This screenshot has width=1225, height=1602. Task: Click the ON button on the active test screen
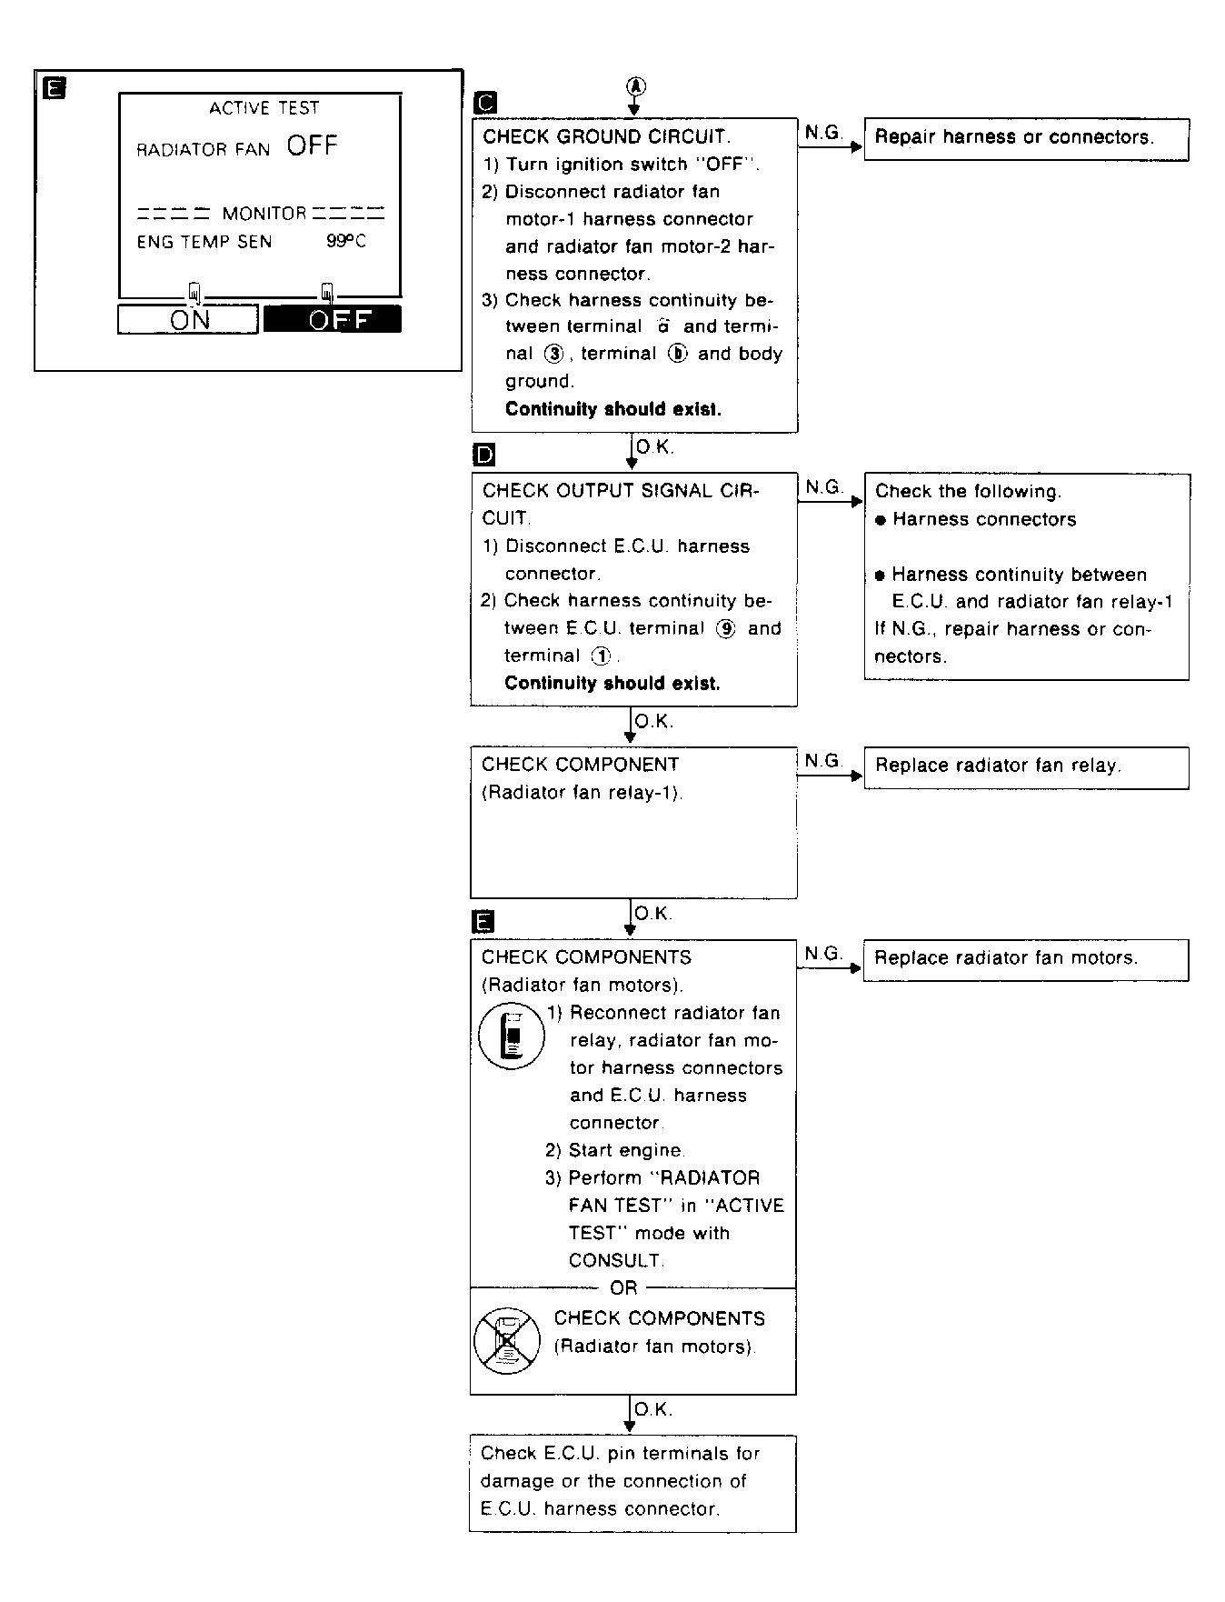[188, 319]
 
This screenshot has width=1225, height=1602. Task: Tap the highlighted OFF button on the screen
[333, 319]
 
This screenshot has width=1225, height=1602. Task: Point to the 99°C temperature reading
[346, 241]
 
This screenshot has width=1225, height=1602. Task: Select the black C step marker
[486, 103]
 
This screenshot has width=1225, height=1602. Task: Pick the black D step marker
[485, 455]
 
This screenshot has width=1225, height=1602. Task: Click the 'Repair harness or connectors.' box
[1026, 138]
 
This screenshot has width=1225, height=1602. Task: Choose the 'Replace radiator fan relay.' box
[1026, 766]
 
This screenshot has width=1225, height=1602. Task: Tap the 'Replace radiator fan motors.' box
[1025, 959]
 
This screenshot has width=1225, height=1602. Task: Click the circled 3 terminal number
[553, 355]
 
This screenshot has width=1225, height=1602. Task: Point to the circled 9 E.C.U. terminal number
[725, 628]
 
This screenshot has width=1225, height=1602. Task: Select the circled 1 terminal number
[600, 656]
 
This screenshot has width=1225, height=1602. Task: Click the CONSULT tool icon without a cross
[512, 1036]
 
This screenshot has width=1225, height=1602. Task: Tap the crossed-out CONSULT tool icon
[506, 1341]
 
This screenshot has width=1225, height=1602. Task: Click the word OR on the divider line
[624, 1288]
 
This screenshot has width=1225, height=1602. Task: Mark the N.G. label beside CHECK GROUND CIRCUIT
[823, 133]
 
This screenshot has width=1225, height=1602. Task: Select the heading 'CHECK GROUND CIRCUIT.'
[605, 137]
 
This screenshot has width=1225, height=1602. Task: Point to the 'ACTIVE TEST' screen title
[264, 108]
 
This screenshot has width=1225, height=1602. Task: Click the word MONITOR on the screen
[264, 214]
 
